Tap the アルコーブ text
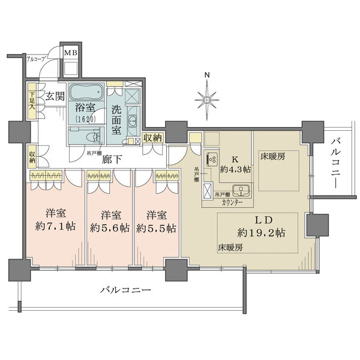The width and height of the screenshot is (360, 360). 37,59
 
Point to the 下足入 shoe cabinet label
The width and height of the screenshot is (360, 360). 31,98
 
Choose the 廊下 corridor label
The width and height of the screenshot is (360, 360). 109,160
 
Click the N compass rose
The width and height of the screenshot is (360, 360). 207,96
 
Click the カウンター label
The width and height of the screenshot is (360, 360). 232,203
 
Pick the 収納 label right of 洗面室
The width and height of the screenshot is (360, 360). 154,137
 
